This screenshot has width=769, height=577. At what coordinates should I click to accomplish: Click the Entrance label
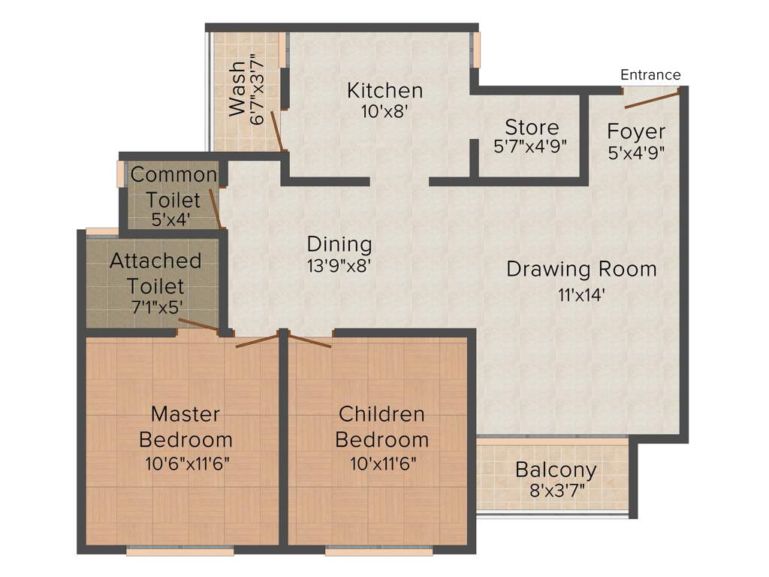[650, 74]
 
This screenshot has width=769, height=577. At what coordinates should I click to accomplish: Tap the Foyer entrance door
[651, 98]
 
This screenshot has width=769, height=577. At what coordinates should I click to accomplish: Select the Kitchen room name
[384, 91]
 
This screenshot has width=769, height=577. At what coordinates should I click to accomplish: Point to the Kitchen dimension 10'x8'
[384, 112]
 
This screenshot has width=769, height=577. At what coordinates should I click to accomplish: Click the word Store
[531, 126]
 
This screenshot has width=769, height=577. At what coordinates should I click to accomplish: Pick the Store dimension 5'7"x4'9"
[530, 147]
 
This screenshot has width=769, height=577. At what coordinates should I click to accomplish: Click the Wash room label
[237, 88]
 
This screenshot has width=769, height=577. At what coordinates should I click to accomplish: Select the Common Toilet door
[214, 207]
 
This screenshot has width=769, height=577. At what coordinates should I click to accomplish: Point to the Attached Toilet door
[198, 325]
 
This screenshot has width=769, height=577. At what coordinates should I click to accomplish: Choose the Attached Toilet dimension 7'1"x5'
[155, 307]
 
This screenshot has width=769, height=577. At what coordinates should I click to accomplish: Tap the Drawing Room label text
[581, 269]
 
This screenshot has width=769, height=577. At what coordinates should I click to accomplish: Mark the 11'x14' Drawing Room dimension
[581, 295]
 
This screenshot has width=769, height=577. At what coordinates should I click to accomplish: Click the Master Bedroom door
[257, 339]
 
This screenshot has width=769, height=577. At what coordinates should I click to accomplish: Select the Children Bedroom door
[309, 340]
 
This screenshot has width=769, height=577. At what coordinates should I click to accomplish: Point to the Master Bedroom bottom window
[180, 551]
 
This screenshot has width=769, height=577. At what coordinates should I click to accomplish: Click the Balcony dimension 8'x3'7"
[556, 492]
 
